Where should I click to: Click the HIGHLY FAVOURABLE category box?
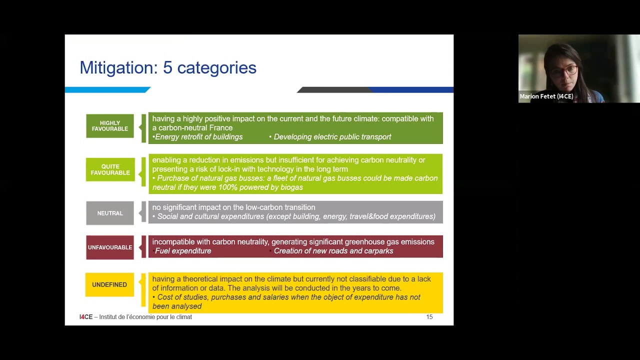tap(110, 126)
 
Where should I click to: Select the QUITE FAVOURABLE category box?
tap(110, 169)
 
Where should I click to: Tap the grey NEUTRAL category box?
tap(110, 213)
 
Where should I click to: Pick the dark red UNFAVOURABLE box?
tap(110, 247)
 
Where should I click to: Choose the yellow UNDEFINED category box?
tap(109, 284)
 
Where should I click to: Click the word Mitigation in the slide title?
tap(118, 68)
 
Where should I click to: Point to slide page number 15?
tap(429, 317)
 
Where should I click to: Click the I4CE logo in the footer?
tap(86, 317)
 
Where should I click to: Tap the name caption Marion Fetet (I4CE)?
tap(546, 96)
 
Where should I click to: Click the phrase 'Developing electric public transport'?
tap(332, 137)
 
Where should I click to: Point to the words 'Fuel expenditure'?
tap(183, 251)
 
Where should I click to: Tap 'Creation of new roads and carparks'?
tap(333, 251)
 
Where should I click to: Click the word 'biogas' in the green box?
tap(291, 187)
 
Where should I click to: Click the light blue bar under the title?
tap(107, 90)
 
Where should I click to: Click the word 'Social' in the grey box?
tap(168, 216)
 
